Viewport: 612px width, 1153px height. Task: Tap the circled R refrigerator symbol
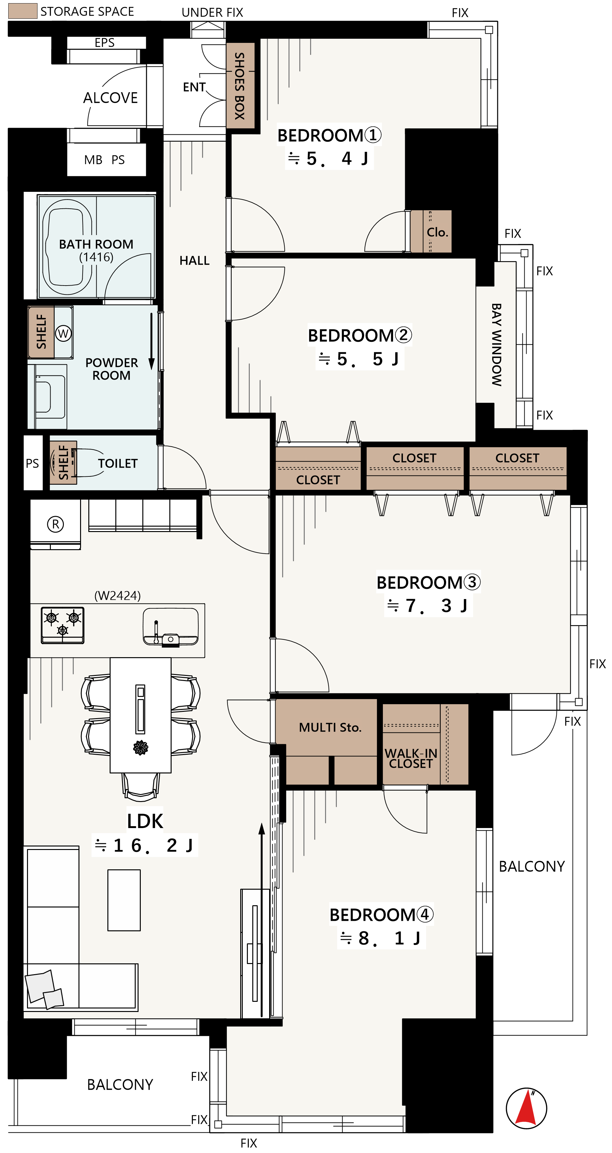tap(56, 524)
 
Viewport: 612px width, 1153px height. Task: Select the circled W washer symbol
tap(63, 334)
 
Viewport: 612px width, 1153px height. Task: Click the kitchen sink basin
tap(170, 626)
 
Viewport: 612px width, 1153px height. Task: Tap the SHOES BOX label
tap(240, 86)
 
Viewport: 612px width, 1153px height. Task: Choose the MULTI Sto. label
tap(330, 727)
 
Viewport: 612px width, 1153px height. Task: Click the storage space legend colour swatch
tap(23, 11)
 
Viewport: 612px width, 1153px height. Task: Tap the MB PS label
tap(104, 160)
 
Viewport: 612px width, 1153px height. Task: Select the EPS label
tap(105, 43)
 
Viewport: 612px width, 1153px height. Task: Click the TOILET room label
tap(118, 463)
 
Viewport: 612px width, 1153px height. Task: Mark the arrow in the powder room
tap(151, 341)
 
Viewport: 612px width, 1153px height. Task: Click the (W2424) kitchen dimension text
tap(117, 596)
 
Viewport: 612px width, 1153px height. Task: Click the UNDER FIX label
tap(212, 12)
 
